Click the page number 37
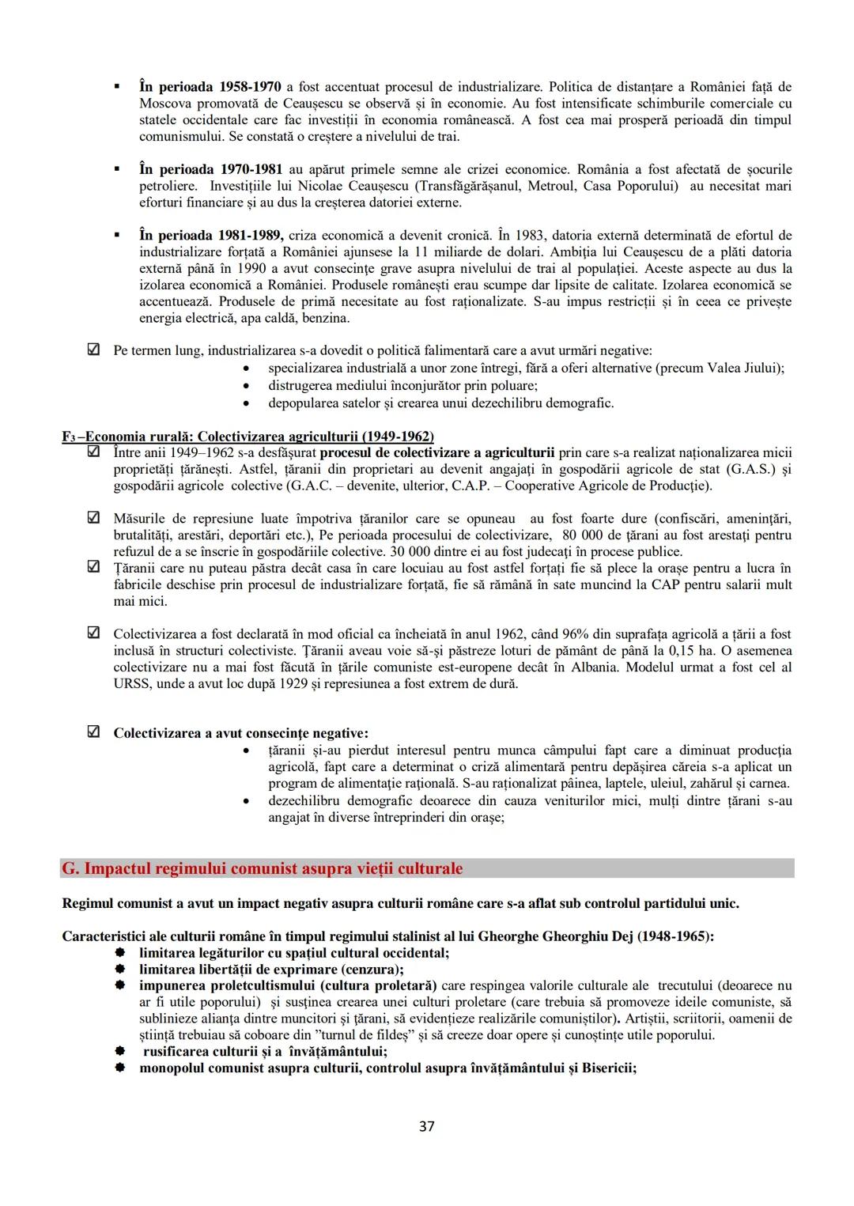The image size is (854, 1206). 426,1126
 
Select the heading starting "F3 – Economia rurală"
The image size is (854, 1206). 248,437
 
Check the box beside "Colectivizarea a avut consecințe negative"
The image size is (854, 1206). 93,732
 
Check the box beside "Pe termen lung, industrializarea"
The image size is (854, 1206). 93,350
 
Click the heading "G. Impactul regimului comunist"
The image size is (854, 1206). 262,868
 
